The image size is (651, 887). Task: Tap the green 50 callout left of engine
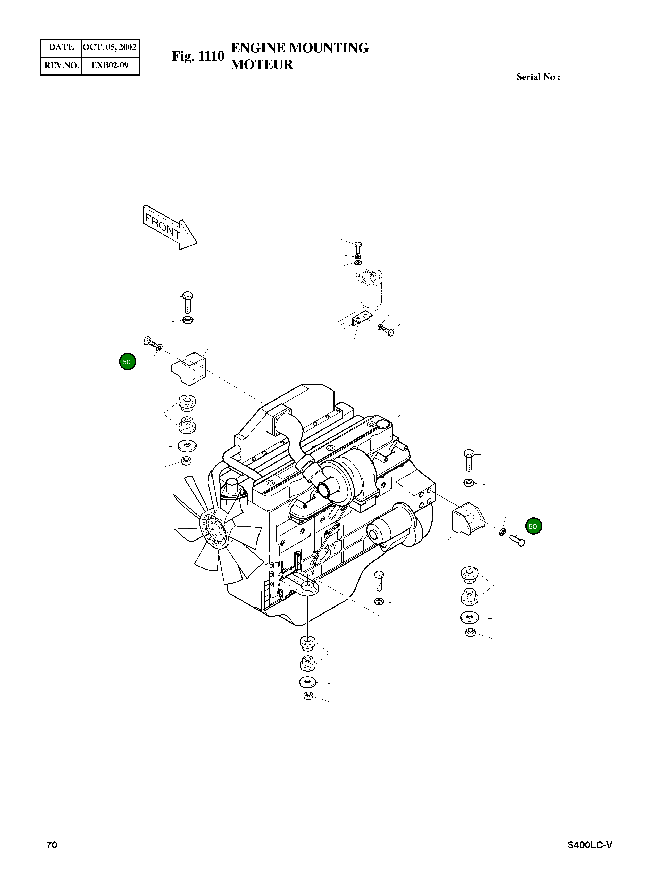127,362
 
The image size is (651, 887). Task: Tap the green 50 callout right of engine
533,526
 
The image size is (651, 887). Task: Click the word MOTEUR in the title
262,65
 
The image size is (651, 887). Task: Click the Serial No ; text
538,77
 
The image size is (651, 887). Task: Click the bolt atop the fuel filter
358,247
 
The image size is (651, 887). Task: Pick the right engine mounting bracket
467,519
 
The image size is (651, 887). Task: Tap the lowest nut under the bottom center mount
308,707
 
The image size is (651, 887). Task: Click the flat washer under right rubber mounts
469,617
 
